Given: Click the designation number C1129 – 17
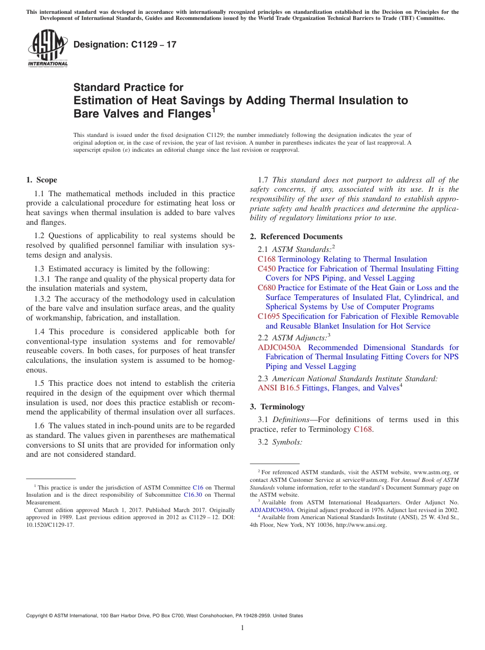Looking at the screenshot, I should coord(125,44).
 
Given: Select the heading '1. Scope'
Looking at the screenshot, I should coord(41,180).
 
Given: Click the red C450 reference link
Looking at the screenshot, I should coord(266,269).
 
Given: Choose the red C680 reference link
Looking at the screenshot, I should coord(266,288).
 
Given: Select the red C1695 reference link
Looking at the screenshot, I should coord(269,316).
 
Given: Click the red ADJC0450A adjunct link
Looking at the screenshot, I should coord(279,347).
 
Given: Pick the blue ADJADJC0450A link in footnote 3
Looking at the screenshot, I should coord(272,510).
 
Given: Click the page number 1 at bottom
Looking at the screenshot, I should coord(243,628).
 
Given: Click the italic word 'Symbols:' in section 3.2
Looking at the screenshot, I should coord(287,442).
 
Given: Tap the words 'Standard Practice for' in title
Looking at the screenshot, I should coord(128,87).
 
